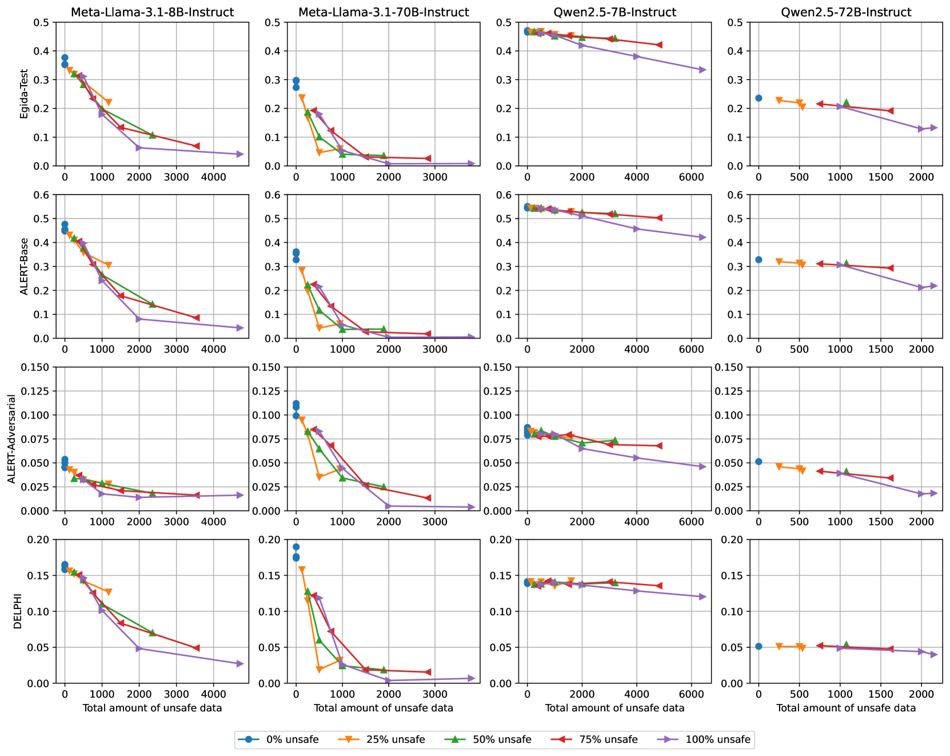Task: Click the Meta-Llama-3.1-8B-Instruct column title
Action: pos(152,12)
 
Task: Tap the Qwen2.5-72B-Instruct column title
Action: pos(846,12)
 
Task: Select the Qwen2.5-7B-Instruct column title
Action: pos(614,12)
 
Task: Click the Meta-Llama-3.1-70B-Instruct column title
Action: pos(384,12)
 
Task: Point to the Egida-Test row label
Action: pos(24,94)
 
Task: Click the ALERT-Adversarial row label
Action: pos(11,439)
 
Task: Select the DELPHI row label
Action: pos(17,611)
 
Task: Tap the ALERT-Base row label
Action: pos(24,266)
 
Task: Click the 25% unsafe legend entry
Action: pos(391,739)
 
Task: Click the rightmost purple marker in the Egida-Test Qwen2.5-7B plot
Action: pos(702,70)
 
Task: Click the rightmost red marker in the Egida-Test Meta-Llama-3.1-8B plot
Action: pos(196,146)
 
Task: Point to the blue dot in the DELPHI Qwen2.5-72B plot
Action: pos(759,646)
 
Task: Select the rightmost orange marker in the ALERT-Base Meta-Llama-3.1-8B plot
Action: pos(108,265)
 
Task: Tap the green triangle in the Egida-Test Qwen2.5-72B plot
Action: pos(847,102)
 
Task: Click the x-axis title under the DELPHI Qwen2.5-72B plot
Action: pos(846,708)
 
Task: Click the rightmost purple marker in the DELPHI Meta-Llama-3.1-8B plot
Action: pos(240,664)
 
